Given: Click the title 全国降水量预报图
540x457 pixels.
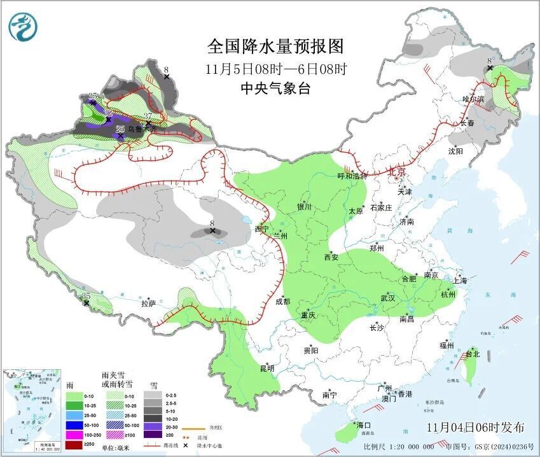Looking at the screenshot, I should click(275, 46).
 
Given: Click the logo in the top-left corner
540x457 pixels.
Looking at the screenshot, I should click(23, 26).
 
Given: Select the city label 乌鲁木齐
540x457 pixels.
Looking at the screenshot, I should click(141, 129).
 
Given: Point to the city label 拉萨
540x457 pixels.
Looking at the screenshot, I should click(148, 303).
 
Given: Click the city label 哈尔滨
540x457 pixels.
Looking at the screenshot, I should click(473, 99).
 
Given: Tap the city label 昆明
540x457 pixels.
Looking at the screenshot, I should click(267, 368).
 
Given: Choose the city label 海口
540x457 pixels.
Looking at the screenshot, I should click(363, 425).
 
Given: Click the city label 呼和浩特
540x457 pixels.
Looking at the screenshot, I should click(352, 176).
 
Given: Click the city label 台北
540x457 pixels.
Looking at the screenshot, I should click(472, 353).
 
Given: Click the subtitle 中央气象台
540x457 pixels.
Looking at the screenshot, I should click(275, 89).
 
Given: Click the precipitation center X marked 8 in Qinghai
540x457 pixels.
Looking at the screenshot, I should click(212, 230).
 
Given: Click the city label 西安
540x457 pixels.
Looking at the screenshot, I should click(331, 258).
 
